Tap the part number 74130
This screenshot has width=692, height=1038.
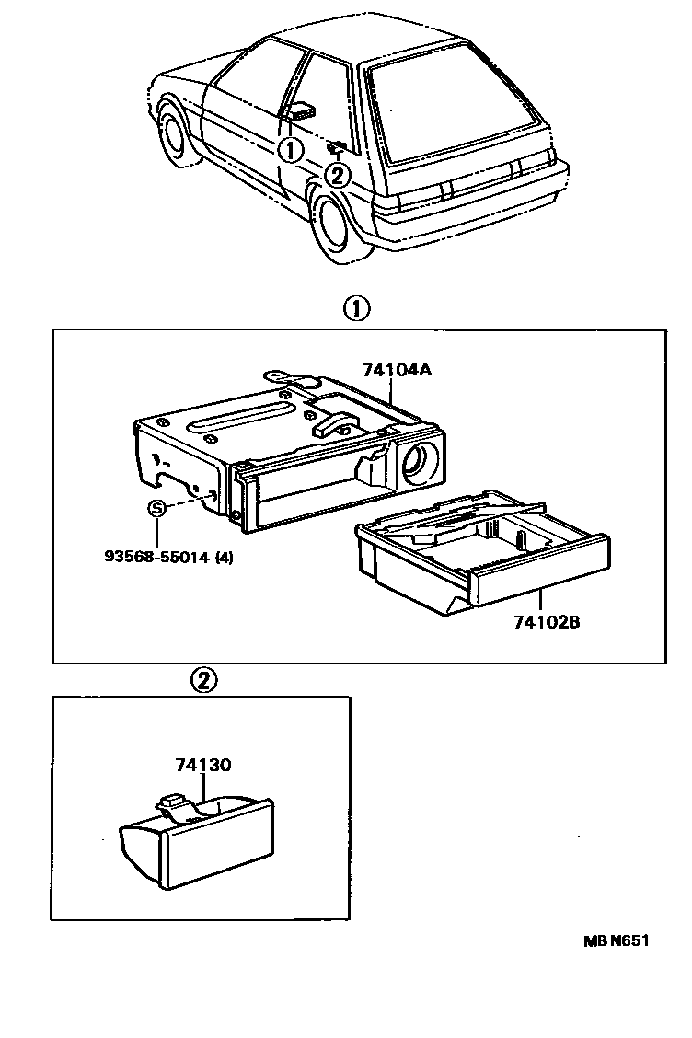click(202, 765)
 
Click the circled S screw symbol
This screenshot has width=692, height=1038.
click(157, 508)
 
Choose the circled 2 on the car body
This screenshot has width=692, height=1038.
click(338, 172)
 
